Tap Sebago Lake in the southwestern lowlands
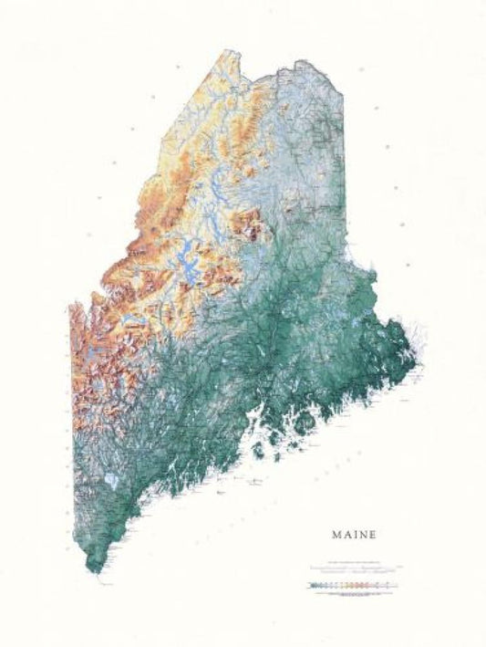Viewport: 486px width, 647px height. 110,478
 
